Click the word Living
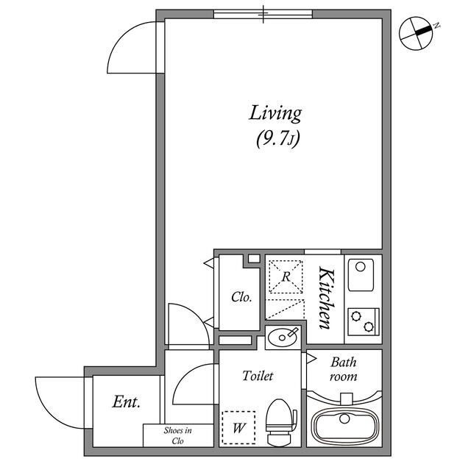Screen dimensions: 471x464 point(275,114)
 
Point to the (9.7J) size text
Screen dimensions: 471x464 point(278,139)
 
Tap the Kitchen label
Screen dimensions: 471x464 point(327,298)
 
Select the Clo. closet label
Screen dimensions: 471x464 point(241,297)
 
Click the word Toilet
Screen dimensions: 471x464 point(258,376)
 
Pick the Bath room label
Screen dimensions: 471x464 point(344,369)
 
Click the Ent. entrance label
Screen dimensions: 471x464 point(126,402)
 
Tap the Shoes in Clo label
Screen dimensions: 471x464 point(178,435)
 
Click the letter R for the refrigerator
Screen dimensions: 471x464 point(286,276)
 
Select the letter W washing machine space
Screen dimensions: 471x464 point(238,428)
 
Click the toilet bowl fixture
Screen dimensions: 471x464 point(281,421)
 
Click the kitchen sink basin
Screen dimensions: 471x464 point(361,275)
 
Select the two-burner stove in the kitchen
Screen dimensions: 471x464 point(364,322)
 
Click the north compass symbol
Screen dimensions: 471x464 point(417,33)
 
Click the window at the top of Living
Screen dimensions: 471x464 point(263,14)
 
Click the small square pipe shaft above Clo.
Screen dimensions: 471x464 point(254,258)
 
